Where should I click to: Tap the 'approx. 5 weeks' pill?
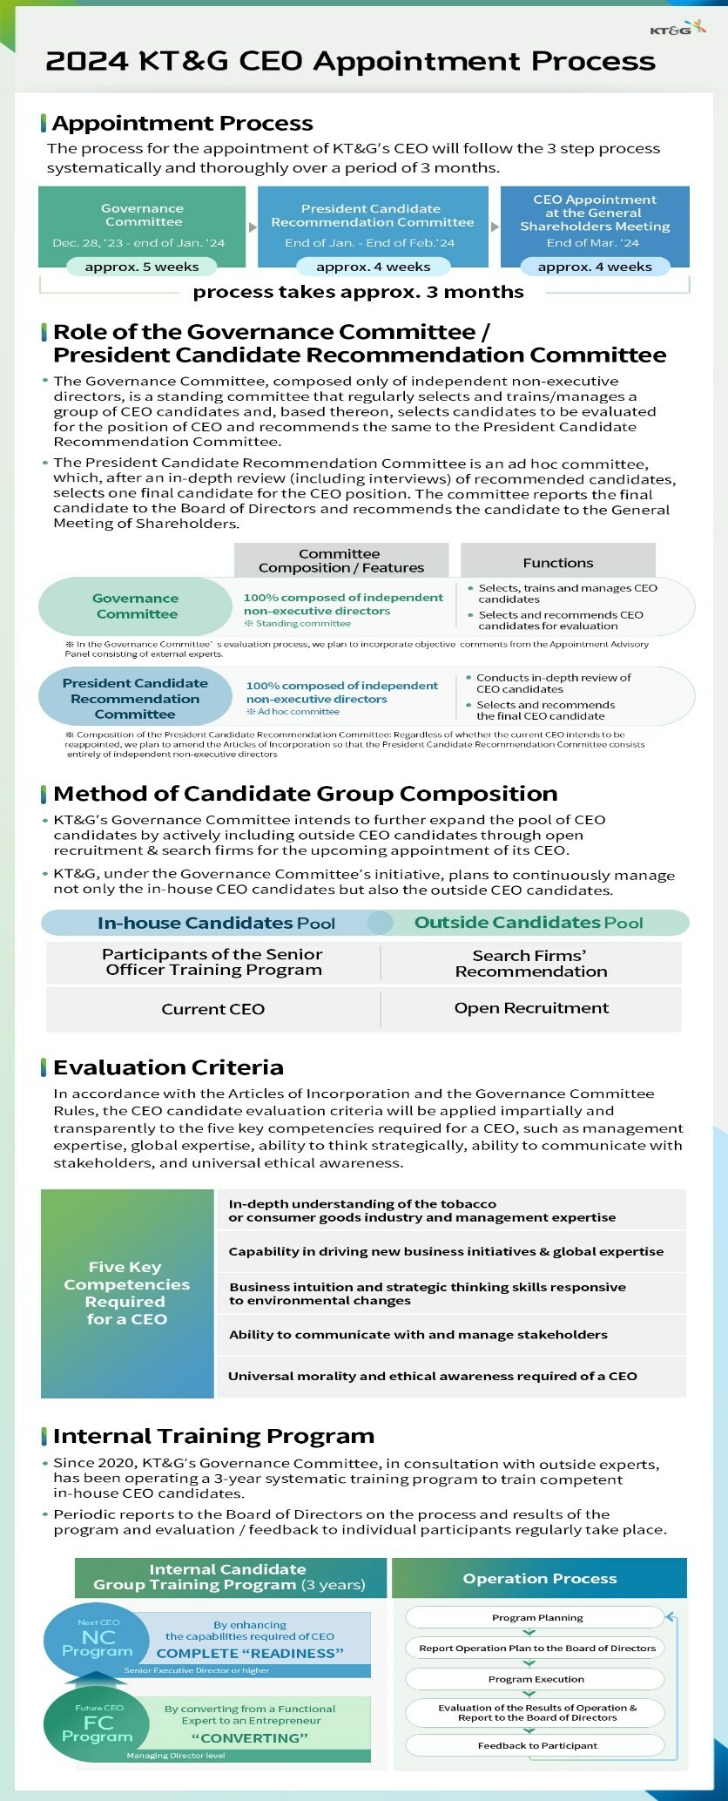click(x=142, y=267)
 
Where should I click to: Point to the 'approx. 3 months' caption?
click(x=358, y=292)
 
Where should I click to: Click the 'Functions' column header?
click(x=557, y=563)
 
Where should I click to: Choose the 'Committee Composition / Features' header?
click(x=340, y=560)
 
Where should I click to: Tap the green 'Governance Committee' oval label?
click(x=136, y=606)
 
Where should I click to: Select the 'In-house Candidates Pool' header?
click(x=216, y=923)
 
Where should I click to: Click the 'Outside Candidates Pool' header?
click(x=529, y=923)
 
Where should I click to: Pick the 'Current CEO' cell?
click(x=212, y=1009)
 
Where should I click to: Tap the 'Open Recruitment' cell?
click(x=531, y=1008)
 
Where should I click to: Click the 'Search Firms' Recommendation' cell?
click(x=531, y=964)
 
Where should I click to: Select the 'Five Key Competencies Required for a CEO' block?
click(x=127, y=1293)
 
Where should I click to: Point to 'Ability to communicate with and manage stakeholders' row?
click(x=418, y=1335)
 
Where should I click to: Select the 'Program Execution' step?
click(x=536, y=1679)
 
